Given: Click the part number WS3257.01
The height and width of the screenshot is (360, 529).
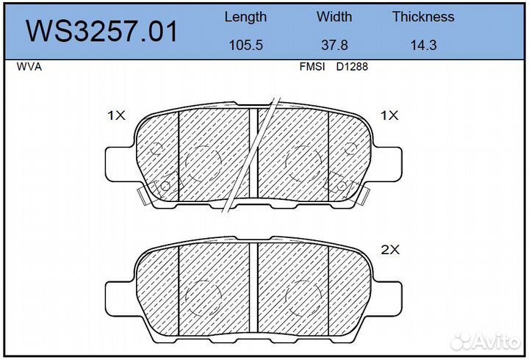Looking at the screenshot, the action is [101, 32].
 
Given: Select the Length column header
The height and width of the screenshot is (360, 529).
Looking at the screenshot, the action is [245, 17].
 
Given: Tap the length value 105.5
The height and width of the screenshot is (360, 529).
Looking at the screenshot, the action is [245, 46].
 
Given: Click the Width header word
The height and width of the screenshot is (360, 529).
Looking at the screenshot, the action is [334, 17].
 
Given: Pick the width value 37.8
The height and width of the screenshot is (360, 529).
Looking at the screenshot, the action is [334, 46].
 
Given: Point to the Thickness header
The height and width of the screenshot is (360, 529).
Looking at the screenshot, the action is [423, 17].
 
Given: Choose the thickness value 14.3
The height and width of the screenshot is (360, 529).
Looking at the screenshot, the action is [423, 46].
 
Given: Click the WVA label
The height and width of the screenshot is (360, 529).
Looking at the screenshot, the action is [29, 67].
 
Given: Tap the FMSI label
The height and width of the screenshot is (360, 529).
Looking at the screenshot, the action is [312, 67].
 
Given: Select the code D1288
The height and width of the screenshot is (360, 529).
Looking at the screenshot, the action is [352, 67].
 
